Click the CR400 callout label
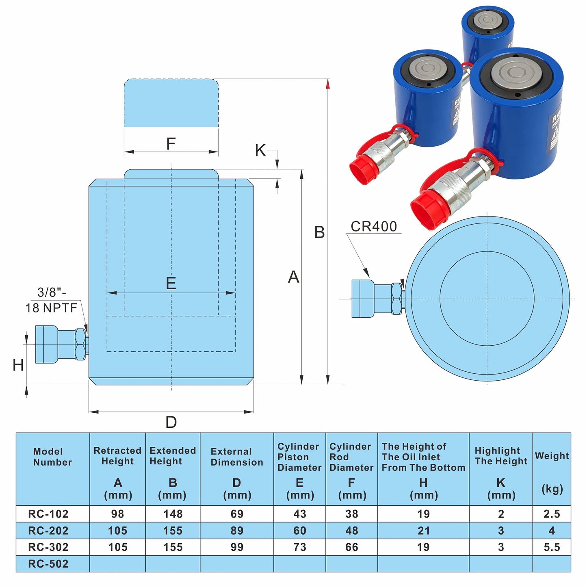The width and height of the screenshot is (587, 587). [373, 226]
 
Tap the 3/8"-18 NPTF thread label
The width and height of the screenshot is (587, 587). [51, 300]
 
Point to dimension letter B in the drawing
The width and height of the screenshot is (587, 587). [319, 232]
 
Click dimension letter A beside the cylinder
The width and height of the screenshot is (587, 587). [294, 277]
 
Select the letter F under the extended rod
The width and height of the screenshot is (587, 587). [171, 143]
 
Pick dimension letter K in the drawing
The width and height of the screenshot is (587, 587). [260, 150]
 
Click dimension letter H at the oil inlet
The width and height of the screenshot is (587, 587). [18, 365]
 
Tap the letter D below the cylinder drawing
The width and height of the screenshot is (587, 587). [171, 422]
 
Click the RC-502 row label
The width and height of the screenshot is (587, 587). [48, 563]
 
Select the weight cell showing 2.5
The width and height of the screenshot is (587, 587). [552, 514]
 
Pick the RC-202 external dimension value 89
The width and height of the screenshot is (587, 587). [237, 531]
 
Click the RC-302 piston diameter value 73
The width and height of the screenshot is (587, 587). [300, 547]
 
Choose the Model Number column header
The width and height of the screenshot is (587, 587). [52, 457]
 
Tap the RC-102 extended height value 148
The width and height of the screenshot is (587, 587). [173, 514]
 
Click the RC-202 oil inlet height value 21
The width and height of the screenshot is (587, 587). [423, 531]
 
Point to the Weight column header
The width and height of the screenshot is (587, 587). [552, 456]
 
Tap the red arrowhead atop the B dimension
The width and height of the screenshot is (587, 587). [328, 84]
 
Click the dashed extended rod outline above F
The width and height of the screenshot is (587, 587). [171, 103]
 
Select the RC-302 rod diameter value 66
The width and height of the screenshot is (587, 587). [351, 547]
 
